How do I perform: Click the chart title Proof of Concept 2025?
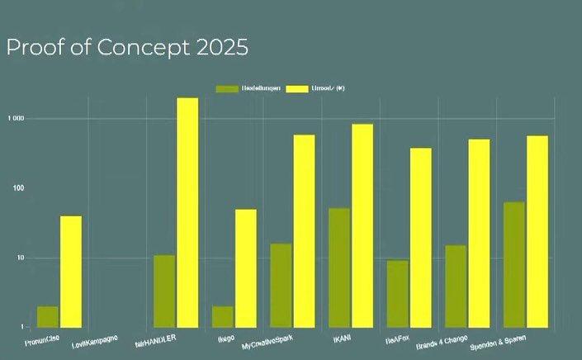click(x=127, y=48)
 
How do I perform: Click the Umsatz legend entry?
click(x=326, y=88)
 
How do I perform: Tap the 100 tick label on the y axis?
click(x=18, y=188)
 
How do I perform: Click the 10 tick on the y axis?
click(x=21, y=258)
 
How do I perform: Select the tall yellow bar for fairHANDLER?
click(x=187, y=212)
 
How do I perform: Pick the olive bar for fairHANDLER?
click(x=164, y=291)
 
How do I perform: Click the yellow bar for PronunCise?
click(x=71, y=271)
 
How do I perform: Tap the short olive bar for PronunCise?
click(x=48, y=316)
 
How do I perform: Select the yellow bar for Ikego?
click(x=245, y=268)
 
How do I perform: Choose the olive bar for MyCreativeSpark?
click(x=281, y=285)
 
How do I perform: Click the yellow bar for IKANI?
click(x=362, y=225)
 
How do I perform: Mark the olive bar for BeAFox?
click(x=397, y=293)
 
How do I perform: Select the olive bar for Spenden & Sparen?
click(x=513, y=264)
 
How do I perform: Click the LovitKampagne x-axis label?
click(x=95, y=340)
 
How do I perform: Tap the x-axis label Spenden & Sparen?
click(x=499, y=341)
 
